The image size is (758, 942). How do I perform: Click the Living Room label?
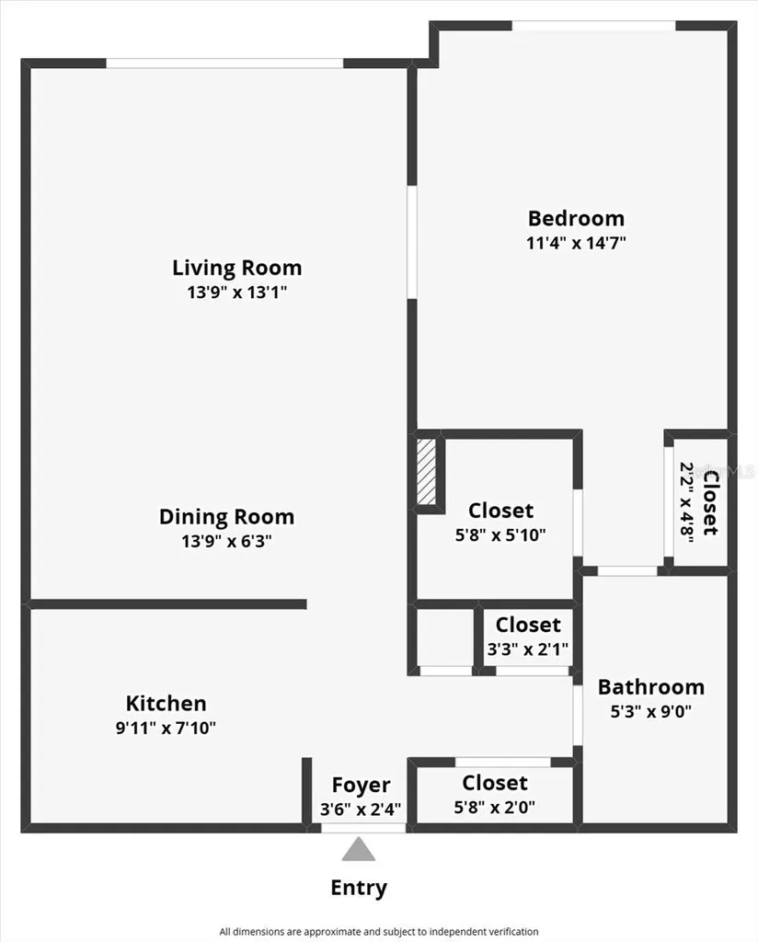tap(237, 268)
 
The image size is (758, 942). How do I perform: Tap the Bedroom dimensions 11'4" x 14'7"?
tap(577, 243)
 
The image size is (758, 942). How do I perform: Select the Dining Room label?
tap(226, 517)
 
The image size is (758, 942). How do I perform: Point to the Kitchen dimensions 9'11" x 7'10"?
tap(166, 729)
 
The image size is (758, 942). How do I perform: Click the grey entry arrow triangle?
tap(359, 850)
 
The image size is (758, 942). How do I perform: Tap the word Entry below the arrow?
tap(359, 888)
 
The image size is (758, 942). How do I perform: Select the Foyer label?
tap(361, 786)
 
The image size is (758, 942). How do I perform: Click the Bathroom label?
tap(651, 686)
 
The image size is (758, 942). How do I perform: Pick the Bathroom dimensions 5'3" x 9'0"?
tap(651, 712)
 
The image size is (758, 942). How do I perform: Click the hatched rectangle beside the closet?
tap(427, 472)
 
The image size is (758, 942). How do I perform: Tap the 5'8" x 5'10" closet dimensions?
tap(500, 534)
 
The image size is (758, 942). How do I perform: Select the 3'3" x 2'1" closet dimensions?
tap(528, 649)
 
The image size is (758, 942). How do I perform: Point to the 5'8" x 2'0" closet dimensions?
tap(494, 808)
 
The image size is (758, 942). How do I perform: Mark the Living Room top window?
tap(224, 63)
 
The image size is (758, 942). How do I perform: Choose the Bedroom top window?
tap(594, 25)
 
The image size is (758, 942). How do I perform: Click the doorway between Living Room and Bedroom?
tap(412, 242)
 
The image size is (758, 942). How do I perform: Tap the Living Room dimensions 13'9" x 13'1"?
tap(237, 293)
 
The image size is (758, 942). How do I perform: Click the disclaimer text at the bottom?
tap(379, 932)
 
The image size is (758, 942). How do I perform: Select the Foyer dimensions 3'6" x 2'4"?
tap(361, 810)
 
